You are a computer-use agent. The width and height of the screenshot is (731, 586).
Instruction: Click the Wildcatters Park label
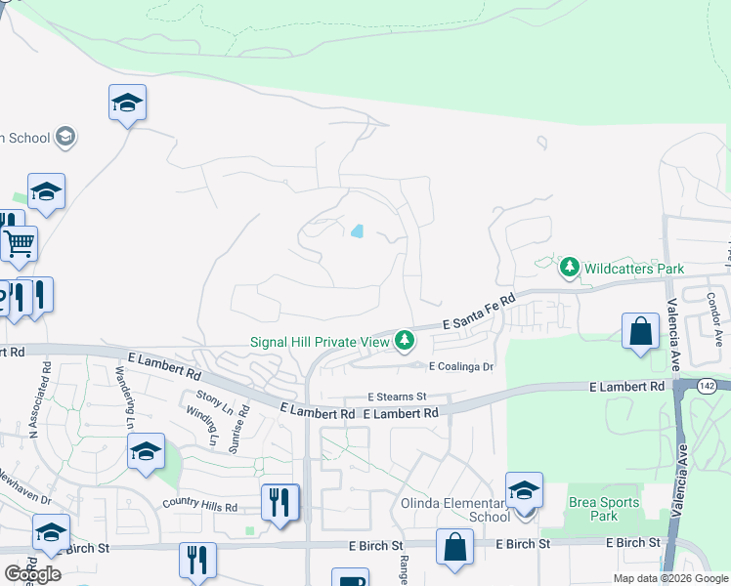click(634, 268)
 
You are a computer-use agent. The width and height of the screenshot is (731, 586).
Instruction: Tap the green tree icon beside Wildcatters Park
click(570, 267)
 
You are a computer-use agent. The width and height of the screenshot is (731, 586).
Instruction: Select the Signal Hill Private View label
click(319, 342)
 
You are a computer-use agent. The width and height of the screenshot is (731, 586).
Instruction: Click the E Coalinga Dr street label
click(462, 366)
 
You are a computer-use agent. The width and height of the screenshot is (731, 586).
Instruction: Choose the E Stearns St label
click(398, 397)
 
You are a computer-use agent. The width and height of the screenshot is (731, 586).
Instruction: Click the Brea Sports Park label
click(605, 509)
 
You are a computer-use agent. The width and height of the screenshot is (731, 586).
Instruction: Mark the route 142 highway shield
click(709, 387)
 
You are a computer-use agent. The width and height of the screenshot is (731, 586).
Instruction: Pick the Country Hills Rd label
click(200, 507)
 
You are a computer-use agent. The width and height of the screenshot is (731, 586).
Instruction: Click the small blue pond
click(357, 231)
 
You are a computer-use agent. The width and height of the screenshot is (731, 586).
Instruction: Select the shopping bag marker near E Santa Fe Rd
click(640, 331)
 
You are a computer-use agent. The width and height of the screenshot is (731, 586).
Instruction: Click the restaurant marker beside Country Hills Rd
click(280, 502)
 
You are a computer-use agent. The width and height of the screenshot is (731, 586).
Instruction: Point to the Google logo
click(32, 574)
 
